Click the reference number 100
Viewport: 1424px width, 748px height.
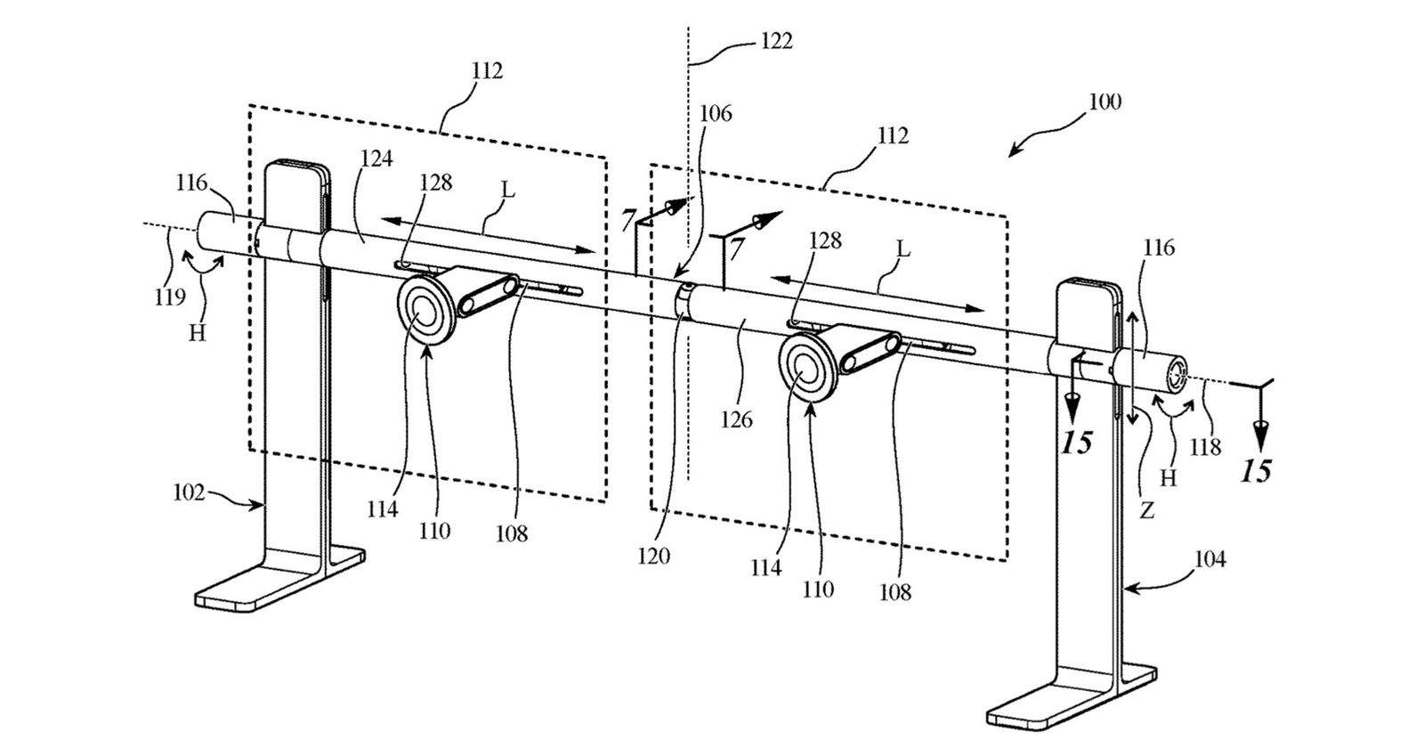[1104, 102]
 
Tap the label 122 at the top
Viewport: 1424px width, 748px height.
[775, 42]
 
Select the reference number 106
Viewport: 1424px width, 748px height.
[716, 114]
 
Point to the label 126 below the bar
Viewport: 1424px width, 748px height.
[736, 418]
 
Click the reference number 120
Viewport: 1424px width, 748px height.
[653, 557]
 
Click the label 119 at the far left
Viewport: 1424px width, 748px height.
[169, 297]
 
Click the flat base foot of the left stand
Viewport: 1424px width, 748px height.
[267, 583]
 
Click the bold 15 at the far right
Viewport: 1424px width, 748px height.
[1256, 470]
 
